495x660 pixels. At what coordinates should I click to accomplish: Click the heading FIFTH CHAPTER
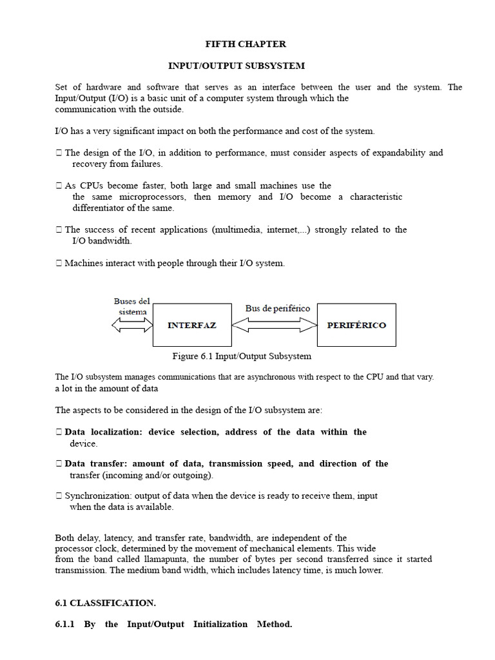[x=245, y=44]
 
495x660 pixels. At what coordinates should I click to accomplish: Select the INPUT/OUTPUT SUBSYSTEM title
[x=237, y=66]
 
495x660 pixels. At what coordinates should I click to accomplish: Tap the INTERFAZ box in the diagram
[x=191, y=325]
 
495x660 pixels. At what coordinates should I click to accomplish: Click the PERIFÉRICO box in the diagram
[x=356, y=325]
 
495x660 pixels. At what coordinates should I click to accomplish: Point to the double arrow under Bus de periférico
[x=274, y=325]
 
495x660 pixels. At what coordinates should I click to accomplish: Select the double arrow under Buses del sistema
[x=131, y=325]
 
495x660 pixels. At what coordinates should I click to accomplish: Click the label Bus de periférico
[x=277, y=308]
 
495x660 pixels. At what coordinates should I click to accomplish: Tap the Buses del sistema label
[x=132, y=306]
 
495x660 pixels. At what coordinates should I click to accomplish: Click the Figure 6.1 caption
[x=242, y=356]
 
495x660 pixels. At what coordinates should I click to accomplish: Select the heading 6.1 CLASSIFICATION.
[x=106, y=603]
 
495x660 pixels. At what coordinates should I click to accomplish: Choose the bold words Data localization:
[x=102, y=432]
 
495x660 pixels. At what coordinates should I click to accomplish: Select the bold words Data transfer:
[x=96, y=463]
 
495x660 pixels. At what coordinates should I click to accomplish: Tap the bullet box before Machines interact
[x=59, y=263]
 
